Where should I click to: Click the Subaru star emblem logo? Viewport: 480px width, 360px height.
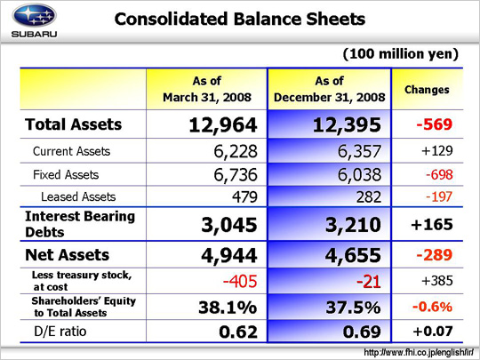(34, 15)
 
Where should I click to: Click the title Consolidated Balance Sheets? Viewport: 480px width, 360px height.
(240, 19)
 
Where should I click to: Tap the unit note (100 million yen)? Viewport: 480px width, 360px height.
(401, 54)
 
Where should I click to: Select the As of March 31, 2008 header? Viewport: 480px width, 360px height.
(207, 89)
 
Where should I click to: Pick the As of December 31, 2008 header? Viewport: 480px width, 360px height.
(330, 89)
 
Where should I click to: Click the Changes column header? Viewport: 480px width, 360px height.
(427, 90)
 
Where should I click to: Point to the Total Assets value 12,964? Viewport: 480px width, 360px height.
(223, 125)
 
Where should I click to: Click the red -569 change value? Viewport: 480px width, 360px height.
(434, 124)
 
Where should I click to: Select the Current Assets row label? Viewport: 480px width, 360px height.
(71, 151)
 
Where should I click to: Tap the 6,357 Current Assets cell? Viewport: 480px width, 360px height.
(359, 151)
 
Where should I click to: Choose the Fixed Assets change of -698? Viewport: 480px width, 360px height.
(439, 175)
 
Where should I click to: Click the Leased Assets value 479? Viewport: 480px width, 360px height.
(244, 196)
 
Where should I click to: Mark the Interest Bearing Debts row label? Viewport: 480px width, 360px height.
(80, 224)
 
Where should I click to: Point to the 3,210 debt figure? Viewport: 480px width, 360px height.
(353, 225)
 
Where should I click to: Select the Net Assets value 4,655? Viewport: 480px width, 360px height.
(353, 255)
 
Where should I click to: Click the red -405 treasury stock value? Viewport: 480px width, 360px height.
(240, 281)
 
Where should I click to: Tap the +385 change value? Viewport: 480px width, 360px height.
(436, 281)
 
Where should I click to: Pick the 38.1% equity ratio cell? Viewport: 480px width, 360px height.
(228, 307)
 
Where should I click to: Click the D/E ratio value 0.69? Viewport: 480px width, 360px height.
(362, 332)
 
